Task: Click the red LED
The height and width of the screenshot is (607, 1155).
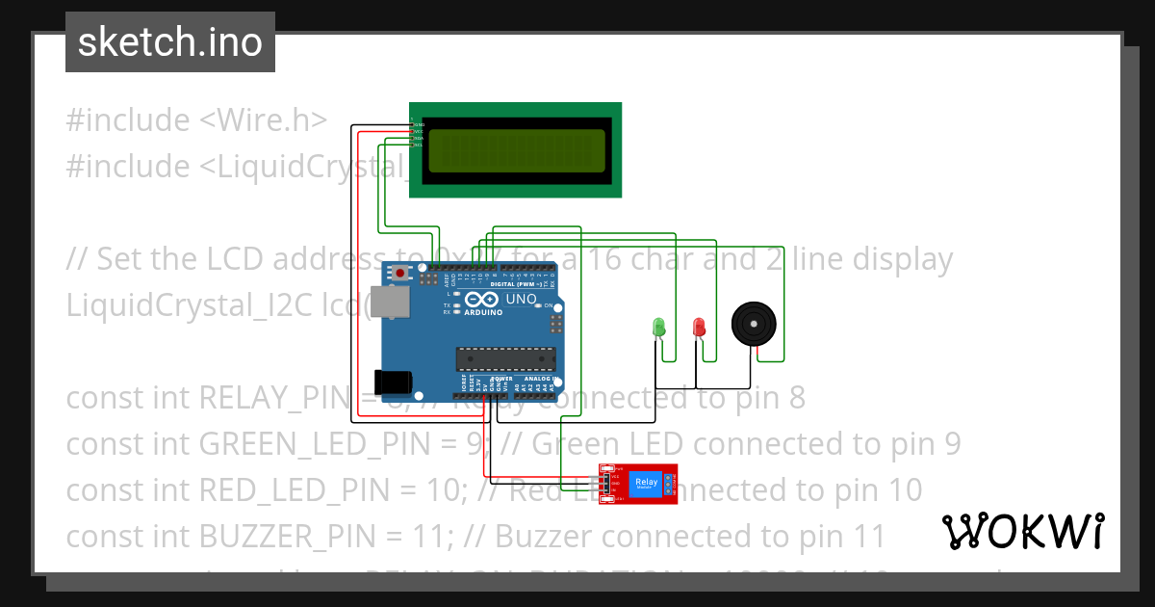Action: click(699, 327)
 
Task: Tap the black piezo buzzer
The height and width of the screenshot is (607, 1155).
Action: click(753, 324)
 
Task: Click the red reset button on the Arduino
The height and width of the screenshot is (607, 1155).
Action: click(399, 274)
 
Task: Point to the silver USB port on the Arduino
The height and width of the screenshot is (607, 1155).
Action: click(388, 303)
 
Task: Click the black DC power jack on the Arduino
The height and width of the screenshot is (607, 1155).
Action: click(394, 383)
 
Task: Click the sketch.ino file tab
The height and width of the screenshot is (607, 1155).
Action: click(170, 42)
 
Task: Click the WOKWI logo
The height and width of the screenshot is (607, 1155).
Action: click(1022, 531)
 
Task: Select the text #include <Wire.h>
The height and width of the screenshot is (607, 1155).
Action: click(196, 120)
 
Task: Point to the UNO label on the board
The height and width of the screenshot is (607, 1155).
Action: click(521, 300)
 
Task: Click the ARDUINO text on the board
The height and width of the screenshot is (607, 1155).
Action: click(483, 312)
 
